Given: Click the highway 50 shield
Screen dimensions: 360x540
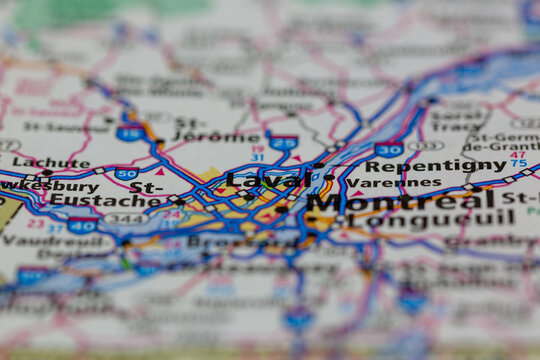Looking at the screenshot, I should [127, 173].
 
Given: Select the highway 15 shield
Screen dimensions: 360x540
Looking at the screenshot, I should [129, 132].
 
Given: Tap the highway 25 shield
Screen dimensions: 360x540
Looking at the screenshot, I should [283, 144].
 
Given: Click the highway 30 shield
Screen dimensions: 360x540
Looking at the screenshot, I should [389, 150].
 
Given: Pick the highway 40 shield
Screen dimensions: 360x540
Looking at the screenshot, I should [82, 226].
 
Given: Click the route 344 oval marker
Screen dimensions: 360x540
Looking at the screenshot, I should [126, 218].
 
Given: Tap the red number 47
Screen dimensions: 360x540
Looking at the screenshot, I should [517, 155].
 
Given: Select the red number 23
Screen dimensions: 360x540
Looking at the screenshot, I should [35, 223].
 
